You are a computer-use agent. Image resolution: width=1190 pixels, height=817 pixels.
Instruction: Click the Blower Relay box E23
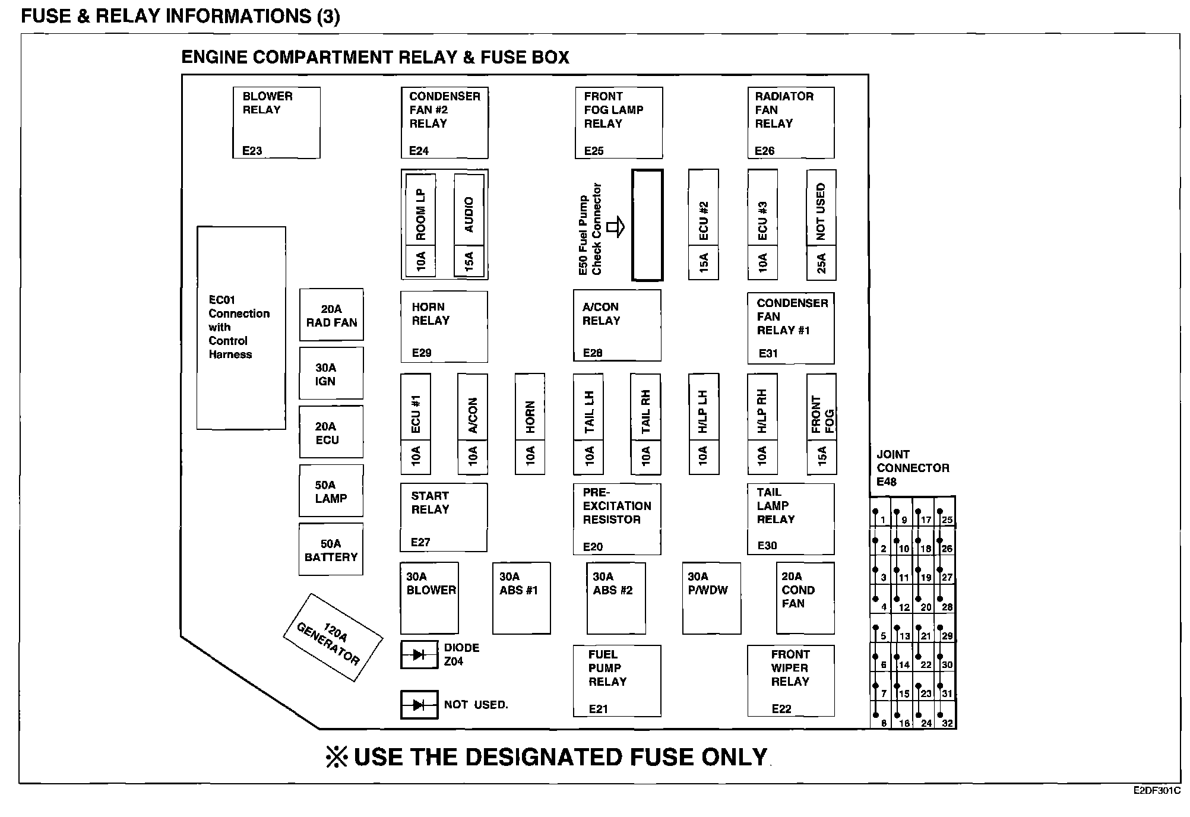[x=276, y=123]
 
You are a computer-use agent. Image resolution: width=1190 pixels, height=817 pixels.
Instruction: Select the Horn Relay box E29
[x=444, y=327]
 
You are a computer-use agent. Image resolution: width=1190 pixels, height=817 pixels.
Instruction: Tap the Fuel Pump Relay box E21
[x=616, y=681]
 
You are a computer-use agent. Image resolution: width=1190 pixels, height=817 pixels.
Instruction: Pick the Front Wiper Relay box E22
[x=790, y=681]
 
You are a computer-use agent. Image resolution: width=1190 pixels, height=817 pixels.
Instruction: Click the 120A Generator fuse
[x=332, y=638]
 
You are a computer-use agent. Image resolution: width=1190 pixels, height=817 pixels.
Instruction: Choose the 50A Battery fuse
[x=331, y=550]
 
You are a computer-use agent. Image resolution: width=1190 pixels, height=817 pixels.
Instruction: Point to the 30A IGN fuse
[x=331, y=374]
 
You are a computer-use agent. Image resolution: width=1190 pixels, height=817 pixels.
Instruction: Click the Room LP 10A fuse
[x=420, y=226]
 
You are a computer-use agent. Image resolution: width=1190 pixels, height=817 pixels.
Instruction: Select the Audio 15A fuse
[x=469, y=226]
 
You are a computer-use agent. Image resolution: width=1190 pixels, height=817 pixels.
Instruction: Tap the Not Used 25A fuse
[x=821, y=226]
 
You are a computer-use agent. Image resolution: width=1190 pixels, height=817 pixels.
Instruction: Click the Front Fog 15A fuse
[x=822, y=424]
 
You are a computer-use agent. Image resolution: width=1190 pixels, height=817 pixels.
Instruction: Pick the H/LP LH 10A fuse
[x=704, y=424]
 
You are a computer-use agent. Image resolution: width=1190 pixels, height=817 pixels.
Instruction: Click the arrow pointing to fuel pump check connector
[x=616, y=226]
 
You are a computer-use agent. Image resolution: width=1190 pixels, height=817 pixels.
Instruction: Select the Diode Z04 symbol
[x=419, y=655]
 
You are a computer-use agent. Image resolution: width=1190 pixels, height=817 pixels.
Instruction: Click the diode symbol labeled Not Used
[x=419, y=705]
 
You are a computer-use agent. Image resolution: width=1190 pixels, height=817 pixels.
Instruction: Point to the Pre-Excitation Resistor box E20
[x=616, y=519]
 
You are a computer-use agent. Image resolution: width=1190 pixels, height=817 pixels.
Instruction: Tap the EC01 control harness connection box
[x=241, y=328]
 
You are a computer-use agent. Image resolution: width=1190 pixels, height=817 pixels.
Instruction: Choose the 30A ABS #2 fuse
[x=616, y=598]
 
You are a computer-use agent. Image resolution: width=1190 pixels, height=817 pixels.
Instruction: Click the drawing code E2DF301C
[x=1156, y=791]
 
